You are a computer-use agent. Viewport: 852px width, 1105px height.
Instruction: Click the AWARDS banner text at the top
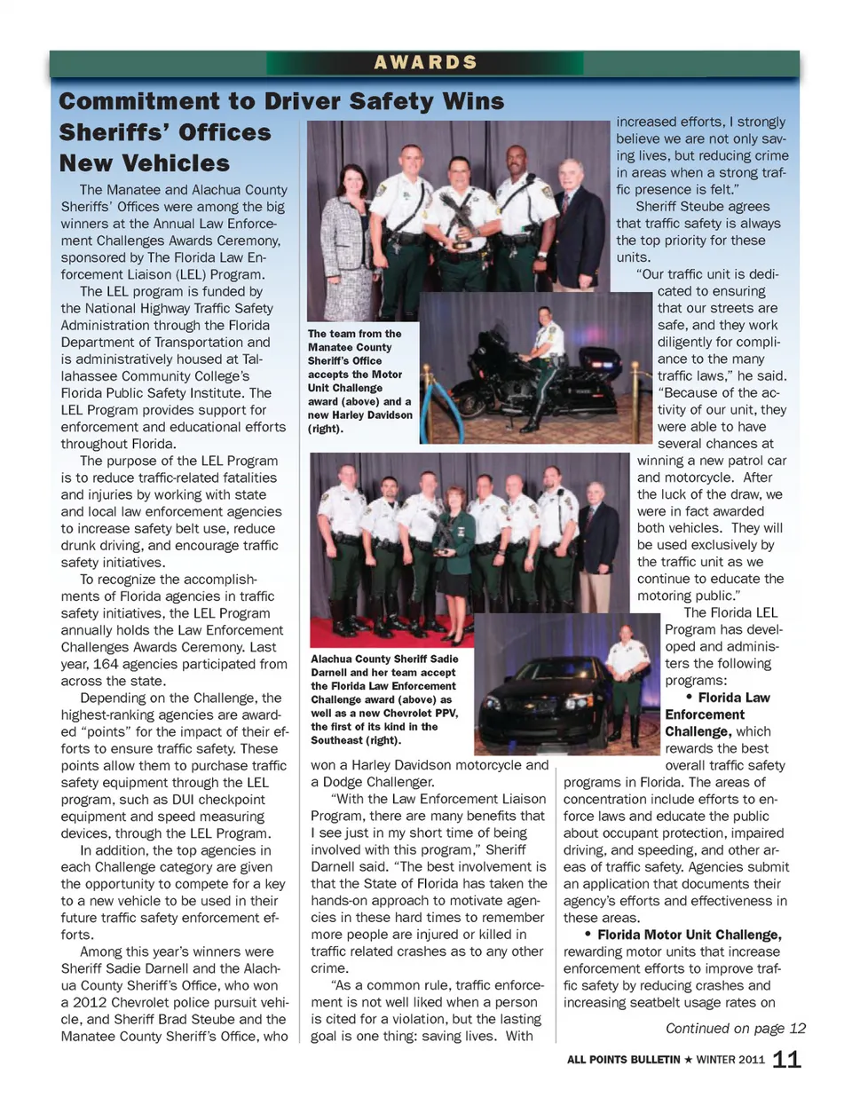425,63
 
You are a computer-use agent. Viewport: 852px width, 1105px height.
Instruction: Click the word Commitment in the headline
138,102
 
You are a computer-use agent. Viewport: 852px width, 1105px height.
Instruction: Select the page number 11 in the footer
786,1059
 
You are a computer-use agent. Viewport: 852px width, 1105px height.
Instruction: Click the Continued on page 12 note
735,1028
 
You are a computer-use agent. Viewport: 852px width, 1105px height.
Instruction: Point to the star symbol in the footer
688,1060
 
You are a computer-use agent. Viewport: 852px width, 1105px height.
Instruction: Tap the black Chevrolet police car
541,701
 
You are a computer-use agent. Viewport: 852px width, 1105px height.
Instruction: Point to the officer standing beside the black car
627,675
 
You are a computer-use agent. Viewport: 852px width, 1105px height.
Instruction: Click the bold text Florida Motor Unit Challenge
689,935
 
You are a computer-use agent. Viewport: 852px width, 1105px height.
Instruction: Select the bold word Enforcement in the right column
705,714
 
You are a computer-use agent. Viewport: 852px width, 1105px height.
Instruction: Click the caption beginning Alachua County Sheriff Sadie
384,699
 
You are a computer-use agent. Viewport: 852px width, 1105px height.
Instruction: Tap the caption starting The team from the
360,381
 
